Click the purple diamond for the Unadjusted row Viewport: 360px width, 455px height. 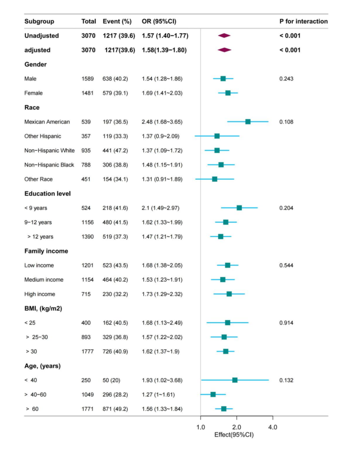point(224,36)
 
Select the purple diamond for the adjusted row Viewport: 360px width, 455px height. point(224,50)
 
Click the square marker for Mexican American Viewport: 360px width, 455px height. point(248,121)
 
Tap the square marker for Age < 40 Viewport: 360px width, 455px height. point(235,380)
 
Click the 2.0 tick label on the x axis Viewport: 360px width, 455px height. point(236,427)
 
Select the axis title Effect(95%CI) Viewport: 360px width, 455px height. point(234,435)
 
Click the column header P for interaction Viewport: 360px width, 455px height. point(303,22)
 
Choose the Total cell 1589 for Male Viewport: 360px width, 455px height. point(88,79)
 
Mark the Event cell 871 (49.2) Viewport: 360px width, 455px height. point(117,409)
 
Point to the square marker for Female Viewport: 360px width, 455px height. point(228,93)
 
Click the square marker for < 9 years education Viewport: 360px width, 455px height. point(239,208)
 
